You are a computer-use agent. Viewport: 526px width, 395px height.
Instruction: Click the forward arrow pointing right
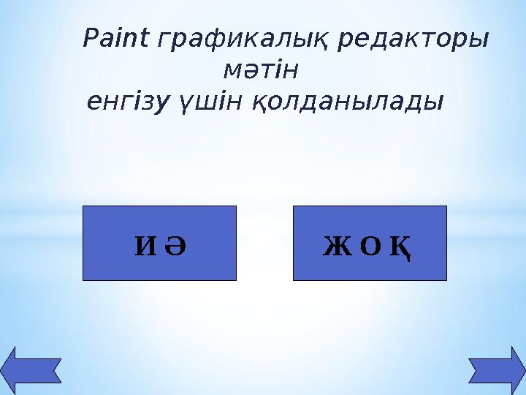tap(494, 369)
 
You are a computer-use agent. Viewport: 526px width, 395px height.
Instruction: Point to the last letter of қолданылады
tap(435, 102)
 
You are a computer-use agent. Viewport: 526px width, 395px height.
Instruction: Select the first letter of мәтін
tap(231, 72)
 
